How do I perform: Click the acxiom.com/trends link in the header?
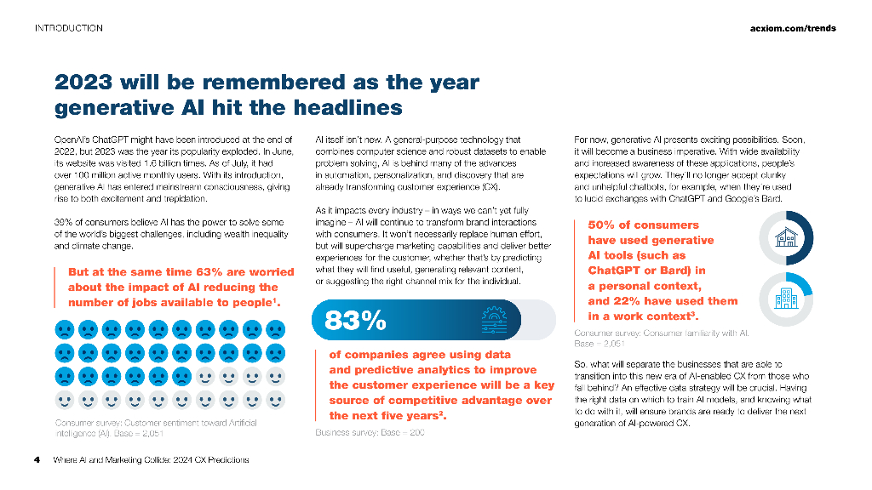click(792, 28)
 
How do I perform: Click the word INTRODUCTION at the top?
click(68, 28)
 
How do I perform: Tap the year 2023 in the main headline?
click(83, 83)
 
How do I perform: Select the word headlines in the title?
click(346, 108)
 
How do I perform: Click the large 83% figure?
click(356, 320)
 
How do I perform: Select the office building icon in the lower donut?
click(786, 299)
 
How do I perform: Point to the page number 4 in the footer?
click(37, 460)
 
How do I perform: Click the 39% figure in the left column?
click(64, 223)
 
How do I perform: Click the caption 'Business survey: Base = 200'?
click(370, 433)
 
